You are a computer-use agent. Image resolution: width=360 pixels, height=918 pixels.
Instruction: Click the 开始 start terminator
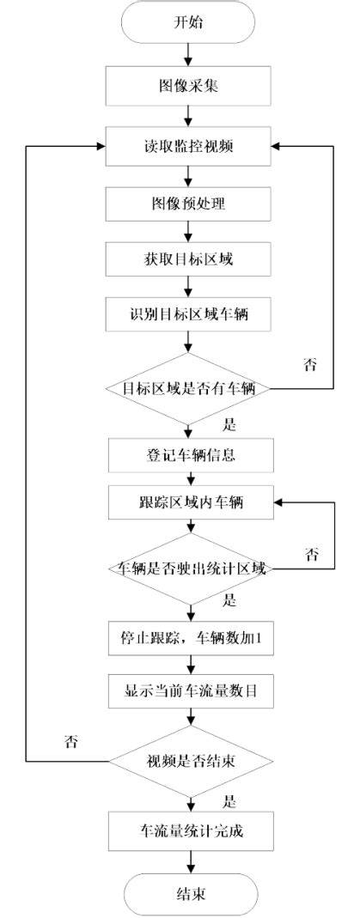point(190,23)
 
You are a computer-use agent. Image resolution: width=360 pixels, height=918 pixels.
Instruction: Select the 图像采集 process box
point(190,86)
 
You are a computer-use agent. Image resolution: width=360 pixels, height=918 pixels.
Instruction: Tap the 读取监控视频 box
point(190,147)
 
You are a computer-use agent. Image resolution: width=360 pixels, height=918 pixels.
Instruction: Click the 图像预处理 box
point(190,204)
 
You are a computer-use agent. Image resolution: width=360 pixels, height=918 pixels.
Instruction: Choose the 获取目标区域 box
point(190,258)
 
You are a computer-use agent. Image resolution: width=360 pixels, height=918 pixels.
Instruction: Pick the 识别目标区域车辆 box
point(190,313)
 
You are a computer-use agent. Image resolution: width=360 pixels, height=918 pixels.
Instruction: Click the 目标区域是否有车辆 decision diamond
point(190,388)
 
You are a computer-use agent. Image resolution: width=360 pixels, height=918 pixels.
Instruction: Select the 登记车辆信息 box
point(190,455)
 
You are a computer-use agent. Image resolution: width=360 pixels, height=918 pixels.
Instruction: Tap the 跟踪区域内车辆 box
point(190,503)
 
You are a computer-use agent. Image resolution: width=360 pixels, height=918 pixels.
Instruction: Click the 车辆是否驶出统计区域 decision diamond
point(190,568)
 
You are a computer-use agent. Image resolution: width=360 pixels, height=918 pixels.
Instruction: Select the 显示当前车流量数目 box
point(190,690)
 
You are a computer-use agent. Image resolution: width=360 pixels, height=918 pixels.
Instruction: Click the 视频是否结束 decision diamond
point(190,761)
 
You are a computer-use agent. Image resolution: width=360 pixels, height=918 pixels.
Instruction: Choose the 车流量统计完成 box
point(190,830)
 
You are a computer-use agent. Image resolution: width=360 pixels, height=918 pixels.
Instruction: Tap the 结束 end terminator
point(190,894)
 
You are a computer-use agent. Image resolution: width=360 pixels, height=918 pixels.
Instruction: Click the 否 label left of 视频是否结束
point(71,743)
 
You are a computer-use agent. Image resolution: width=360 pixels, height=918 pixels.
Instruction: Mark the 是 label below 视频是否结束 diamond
point(229,801)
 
